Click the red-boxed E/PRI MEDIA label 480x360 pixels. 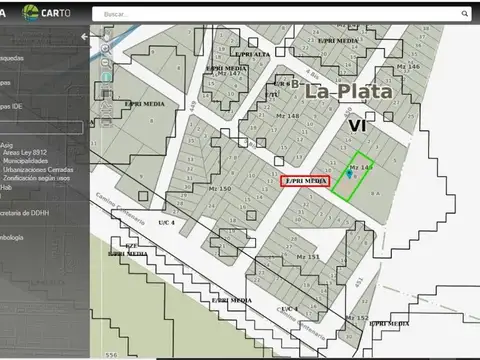coord(305,181)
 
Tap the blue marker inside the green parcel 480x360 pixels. coord(348,174)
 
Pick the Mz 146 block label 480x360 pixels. coord(408,66)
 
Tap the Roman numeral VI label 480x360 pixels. coord(357,126)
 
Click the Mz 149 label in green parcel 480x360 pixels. coord(360,166)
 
